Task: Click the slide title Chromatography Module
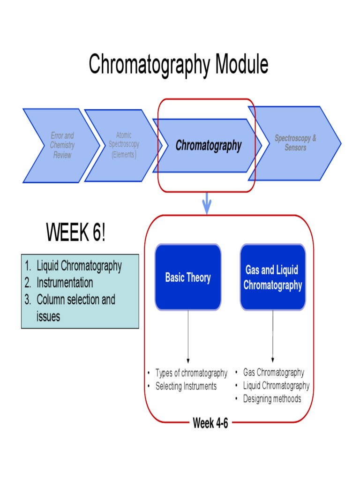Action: pyautogui.click(x=179, y=65)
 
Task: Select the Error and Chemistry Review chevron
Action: pyautogui.click(x=62, y=145)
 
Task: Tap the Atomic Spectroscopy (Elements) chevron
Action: pyautogui.click(x=124, y=145)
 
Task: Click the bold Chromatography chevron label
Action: pyautogui.click(x=208, y=146)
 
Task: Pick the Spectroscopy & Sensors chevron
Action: pyautogui.click(x=295, y=143)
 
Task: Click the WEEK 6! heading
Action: pyautogui.click(x=75, y=233)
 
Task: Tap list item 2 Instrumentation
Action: pyautogui.click(x=65, y=283)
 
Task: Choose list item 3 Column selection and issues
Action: pyautogui.click(x=75, y=307)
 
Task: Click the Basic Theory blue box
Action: pyautogui.click(x=188, y=277)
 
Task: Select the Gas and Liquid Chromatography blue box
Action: pyautogui.click(x=272, y=277)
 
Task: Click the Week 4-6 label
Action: pyautogui.click(x=210, y=423)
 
